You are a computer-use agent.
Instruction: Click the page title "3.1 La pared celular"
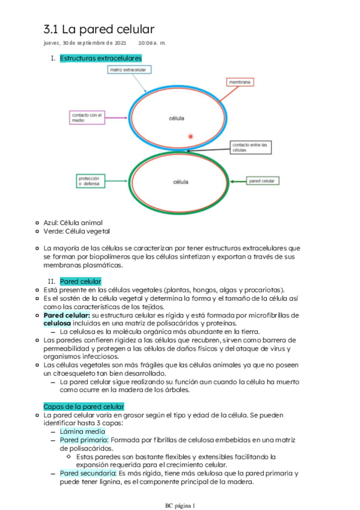coord(99,29)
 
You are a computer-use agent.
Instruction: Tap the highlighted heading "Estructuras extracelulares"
coord(101,58)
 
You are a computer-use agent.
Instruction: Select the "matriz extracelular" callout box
coord(129,70)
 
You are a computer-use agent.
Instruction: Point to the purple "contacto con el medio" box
coord(87,117)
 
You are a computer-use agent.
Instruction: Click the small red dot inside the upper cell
coord(191,137)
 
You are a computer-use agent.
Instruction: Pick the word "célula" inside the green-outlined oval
coord(180,182)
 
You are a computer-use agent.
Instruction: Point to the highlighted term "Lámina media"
coord(82,431)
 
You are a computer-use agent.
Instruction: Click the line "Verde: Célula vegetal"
coord(77,231)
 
